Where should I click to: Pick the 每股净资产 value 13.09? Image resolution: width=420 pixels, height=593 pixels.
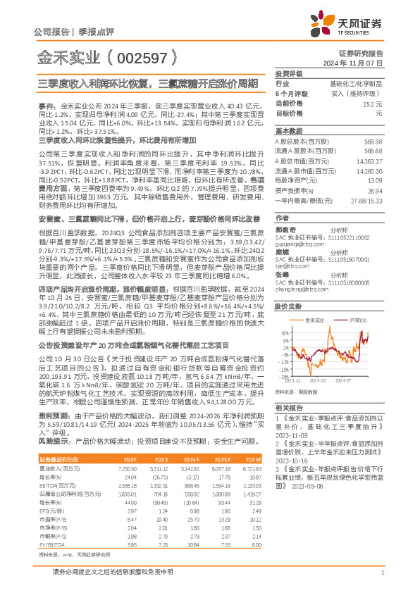tap(374, 180)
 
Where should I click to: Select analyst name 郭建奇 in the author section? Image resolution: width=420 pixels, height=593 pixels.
tap(283, 230)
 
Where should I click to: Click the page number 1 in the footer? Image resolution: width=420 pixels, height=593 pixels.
tap(382, 573)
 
